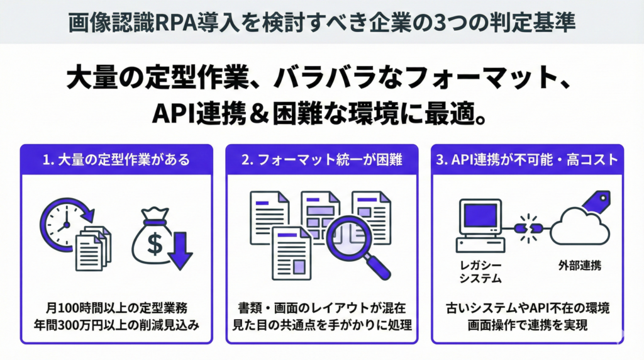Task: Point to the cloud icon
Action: (578, 227)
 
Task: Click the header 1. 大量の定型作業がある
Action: (116, 160)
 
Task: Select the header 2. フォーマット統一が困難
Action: (321, 160)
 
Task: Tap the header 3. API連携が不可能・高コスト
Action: (527, 160)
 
